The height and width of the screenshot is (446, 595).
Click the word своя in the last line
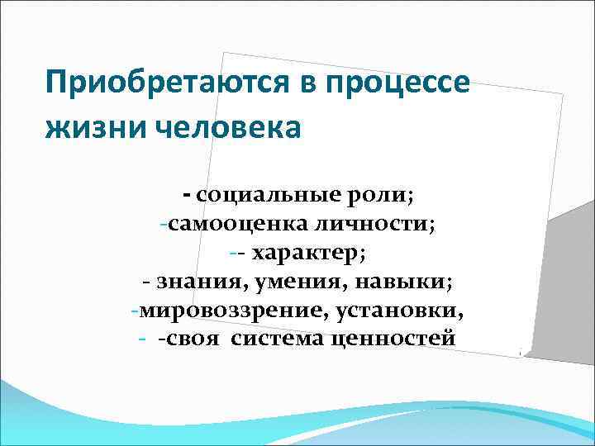pos(195,339)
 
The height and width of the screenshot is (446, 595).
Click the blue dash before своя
pos(143,339)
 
